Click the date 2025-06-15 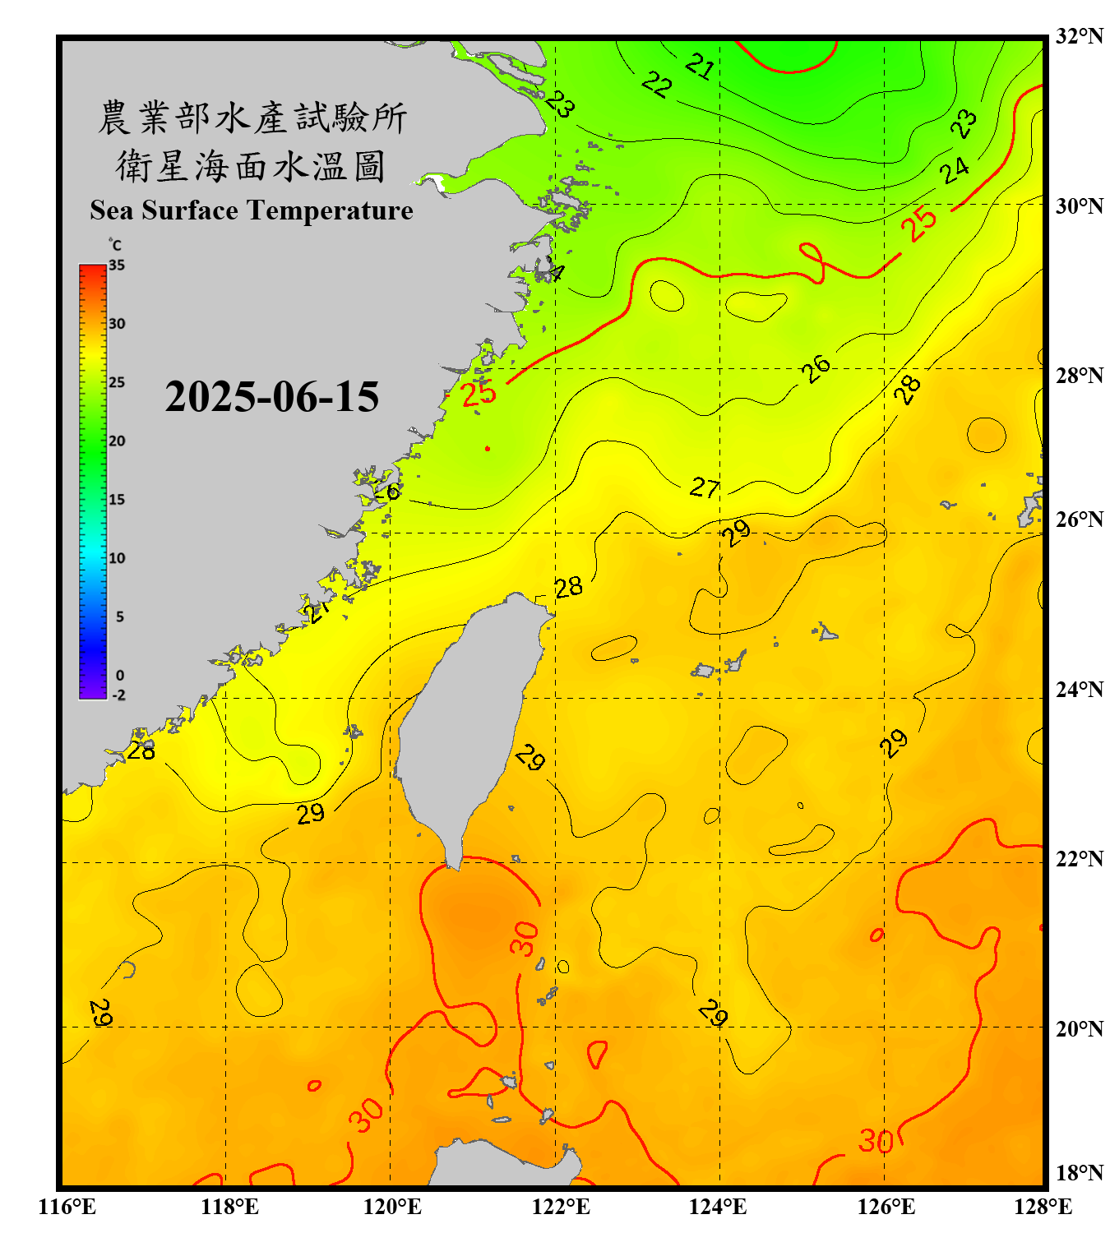[x=271, y=397]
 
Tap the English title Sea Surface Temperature [x=252, y=210]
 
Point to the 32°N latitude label [x=1079, y=36]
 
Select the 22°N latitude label [x=1079, y=859]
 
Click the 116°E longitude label [x=67, y=1207]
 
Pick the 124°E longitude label [x=718, y=1207]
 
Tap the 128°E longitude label [x=1043, y=1207]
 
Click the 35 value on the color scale [x=117, y=265]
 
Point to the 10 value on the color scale [x=117, y=558]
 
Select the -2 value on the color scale [x=118, y=695]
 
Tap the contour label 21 [x=700, y=66]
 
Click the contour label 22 [x=656, y=84]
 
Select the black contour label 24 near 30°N [x=955, y=171]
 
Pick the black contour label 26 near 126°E [x=816, y=369]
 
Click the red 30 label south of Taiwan [x=524, y=939]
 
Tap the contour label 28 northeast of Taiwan [x=568, y=587]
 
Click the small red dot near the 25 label [x=488, y=449]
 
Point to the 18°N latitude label [x=1079, y=1173]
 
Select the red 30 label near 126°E [x=876, y=1141]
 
